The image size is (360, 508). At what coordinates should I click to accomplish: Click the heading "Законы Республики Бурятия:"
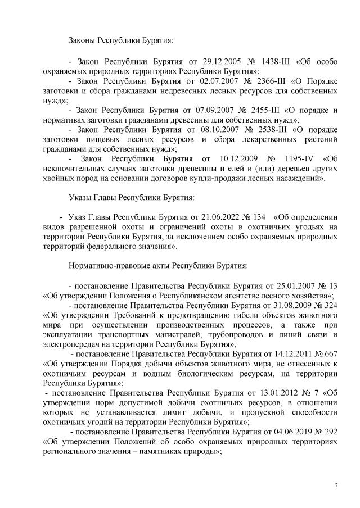pyautogui.click(x=120, y=41)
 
